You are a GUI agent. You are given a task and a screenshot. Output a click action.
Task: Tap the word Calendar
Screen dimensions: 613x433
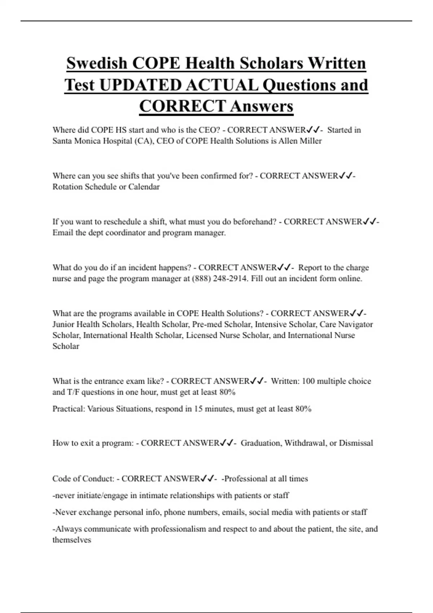click(144, 187)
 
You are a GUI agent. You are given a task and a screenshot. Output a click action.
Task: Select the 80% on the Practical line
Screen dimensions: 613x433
click(303, 409)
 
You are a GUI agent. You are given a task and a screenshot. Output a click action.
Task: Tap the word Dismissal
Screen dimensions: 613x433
click(356, 443)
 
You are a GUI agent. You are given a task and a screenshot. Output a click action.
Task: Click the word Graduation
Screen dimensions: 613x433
click(261, 443)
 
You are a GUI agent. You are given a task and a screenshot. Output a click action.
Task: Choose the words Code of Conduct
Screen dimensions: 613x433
click(83, 479)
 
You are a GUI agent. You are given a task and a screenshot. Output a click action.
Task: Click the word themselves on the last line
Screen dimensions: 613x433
click(72, 540)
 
